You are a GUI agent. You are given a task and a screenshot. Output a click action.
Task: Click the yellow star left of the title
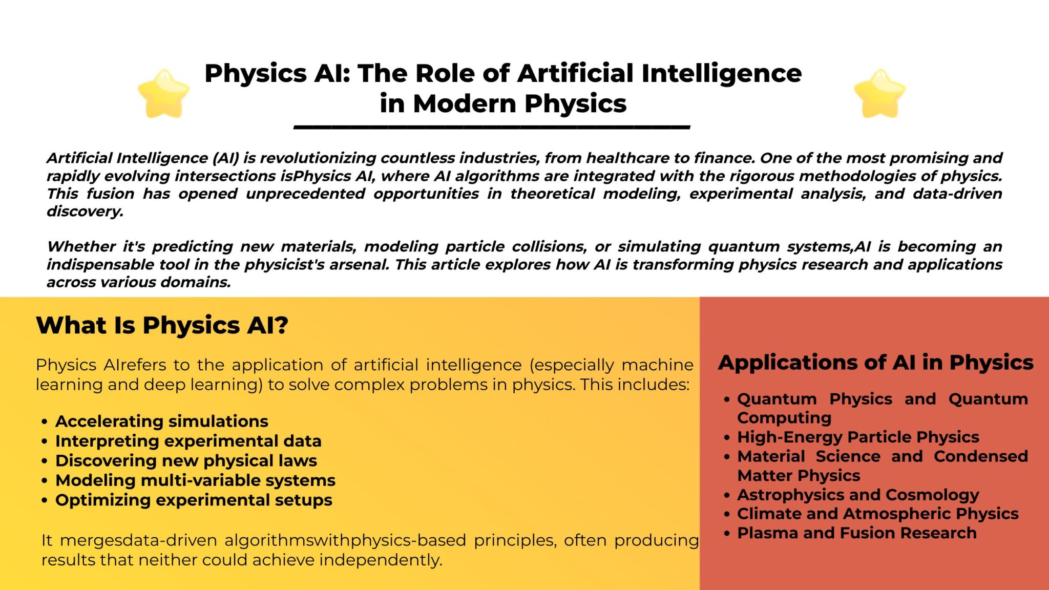pos(164,94)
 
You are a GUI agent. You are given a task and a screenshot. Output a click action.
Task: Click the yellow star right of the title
pos(880,94)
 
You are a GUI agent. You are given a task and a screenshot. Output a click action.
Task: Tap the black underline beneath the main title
pos(492,127)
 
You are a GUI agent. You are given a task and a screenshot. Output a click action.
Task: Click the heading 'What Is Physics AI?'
pos(162,325)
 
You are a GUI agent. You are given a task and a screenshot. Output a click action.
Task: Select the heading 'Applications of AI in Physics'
pos(876,363)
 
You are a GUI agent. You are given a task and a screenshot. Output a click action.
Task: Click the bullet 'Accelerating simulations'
pos(162,421)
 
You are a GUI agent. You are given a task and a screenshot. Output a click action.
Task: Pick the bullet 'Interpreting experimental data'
pos(188,441)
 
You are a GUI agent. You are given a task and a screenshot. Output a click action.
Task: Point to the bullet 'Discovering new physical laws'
pos(186,460)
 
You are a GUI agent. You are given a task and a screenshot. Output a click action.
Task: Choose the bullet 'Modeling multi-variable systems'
pos(196,480)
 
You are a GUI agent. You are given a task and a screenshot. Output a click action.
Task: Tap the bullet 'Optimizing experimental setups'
pos(194,500)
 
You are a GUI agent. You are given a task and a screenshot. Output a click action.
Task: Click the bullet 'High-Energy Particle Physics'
pos(858,437)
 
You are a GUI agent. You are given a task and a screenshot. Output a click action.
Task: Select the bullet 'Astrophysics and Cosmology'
pos(858,495)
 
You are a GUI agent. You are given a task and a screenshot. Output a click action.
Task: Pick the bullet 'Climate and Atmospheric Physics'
pos(878,514)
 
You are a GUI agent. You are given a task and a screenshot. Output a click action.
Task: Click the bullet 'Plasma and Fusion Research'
pos(857,533)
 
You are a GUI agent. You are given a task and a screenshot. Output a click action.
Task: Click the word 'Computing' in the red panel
pos(784,418)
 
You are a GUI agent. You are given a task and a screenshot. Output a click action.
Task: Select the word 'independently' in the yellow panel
pos(381,560)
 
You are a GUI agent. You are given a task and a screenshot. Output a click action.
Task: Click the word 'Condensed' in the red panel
pos(981,456)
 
